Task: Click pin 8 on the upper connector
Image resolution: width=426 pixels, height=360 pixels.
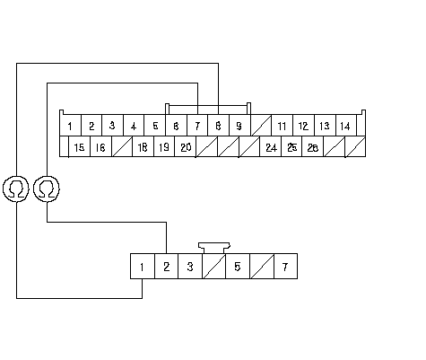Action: pos(219,126)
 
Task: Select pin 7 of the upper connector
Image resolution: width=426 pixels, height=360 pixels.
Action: pos(197,126)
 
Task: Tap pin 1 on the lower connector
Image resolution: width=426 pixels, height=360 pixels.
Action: pos(143,267)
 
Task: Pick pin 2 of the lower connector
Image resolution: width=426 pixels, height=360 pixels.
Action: pos(166,267)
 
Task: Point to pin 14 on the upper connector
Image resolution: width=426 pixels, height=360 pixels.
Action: pos(346,126)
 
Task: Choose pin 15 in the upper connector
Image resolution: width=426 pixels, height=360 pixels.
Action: pos(80,146)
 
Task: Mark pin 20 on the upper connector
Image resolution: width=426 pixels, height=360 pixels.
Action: pos(186,146)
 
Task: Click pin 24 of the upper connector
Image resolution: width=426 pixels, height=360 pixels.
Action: pos(271,146)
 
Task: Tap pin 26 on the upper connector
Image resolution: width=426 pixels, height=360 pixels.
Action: pos(313,146)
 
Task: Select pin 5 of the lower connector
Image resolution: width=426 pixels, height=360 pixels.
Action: pos(238,267)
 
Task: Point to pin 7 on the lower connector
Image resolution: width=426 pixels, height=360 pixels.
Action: pos(285,267)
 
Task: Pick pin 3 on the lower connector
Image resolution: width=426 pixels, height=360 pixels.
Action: pos(190,267)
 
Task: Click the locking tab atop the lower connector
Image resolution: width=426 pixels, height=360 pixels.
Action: pos(214,248)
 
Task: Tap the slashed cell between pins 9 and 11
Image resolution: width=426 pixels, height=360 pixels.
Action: pos(261,126)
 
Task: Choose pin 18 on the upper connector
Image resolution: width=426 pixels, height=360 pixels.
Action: pos(143,146)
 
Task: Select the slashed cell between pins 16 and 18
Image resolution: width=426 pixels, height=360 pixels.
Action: pos(122,146)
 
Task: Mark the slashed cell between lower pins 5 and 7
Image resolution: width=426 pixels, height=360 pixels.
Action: pos(262,267)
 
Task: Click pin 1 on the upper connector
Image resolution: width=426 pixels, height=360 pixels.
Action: pos(71,126)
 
